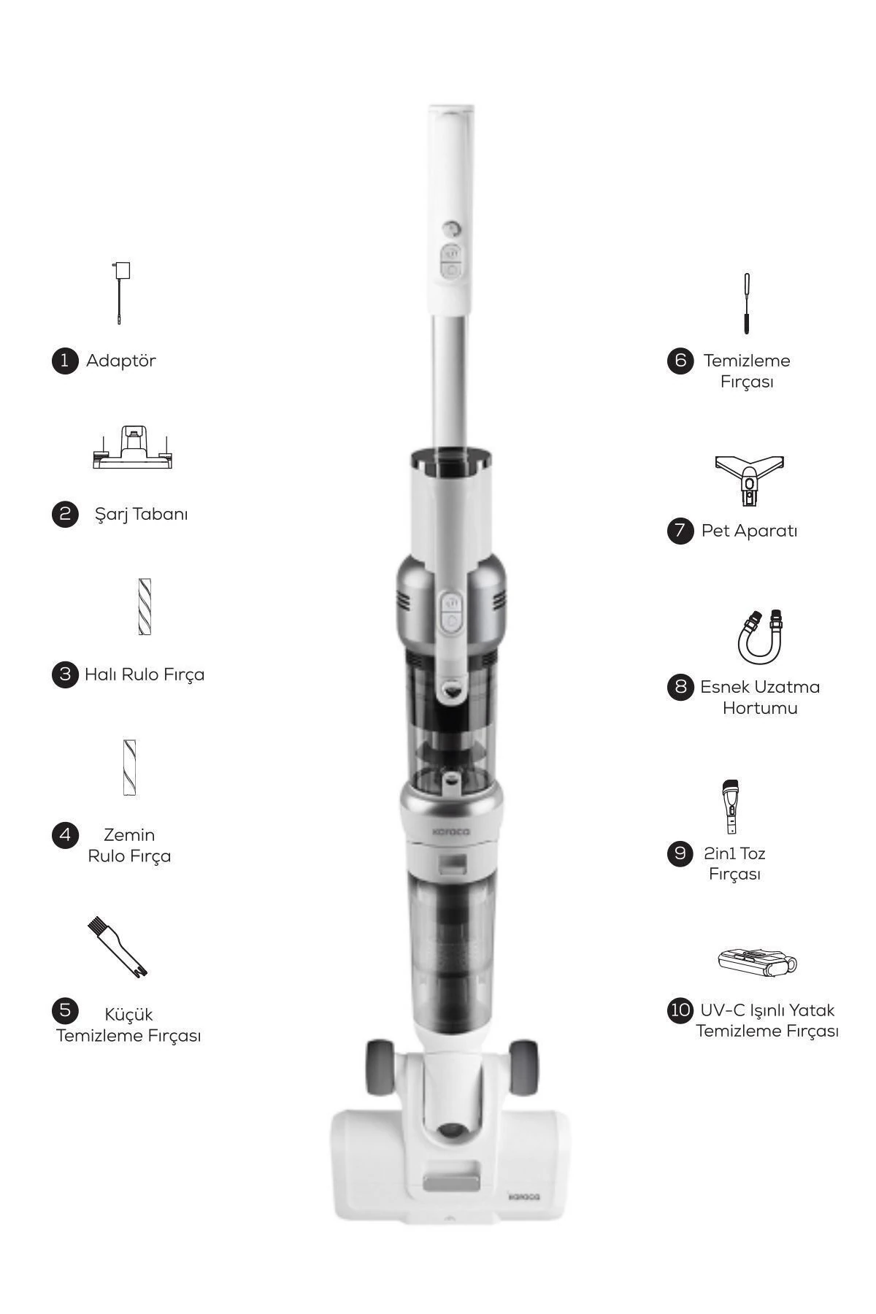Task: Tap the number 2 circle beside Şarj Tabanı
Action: point(65,514)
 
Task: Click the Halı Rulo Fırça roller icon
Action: point(145,607)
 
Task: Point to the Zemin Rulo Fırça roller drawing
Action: point(130,767)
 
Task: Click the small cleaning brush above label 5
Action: point(118,948)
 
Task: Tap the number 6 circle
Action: point(680,361)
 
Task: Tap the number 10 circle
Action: point(680,1010)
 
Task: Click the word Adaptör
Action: point(121,361)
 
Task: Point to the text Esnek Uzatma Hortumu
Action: point(759,697)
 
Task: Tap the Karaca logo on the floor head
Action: point(523,1197)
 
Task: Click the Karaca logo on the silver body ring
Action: point(451,831)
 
